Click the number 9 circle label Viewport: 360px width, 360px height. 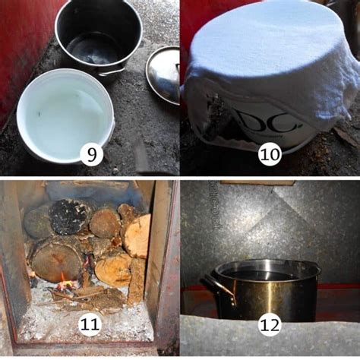tap(90, 156)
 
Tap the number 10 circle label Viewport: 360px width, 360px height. tap(270, 156)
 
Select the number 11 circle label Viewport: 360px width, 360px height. tap(90, 324)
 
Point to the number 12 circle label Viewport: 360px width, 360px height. tap(270, 324)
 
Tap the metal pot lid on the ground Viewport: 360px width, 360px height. tap(163, 74)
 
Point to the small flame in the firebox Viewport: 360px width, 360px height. tap(68, 285)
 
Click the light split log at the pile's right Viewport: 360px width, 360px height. tap(138, 236)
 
